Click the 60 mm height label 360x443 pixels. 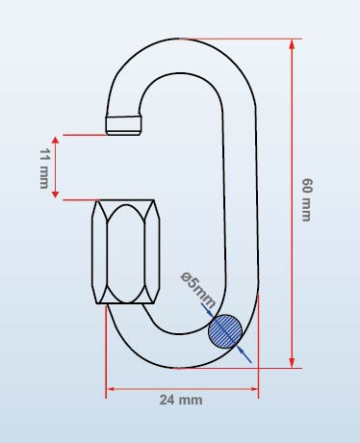pyautogui.click(x=306, y=199)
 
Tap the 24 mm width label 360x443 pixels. pyautogui.click(x=181, y=400)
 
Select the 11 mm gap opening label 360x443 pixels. pyautogui.click(x=44, y=169)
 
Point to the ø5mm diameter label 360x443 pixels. pyautogui.click(x=198, y=290)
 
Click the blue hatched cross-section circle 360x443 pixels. pyautogui.click(x=225, y=331)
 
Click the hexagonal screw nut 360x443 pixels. pyautogui.click(x=126, y=251)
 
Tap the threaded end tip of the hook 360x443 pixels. pyautogui.click(x=123, y=125)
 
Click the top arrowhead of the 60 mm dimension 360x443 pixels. pyautogui.click(x=292, y=44)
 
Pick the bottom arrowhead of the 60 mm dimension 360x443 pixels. pyautogui.click(x=292, y=363)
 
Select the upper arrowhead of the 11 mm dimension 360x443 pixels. pyautogui.click(x=55, y=141)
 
